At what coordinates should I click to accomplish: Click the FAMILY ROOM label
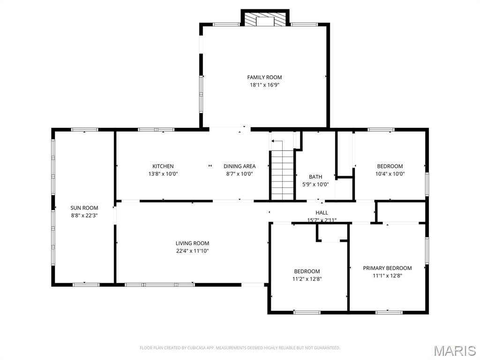(264, 77)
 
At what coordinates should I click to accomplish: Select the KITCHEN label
(163, 166)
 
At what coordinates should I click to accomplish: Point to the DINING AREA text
(240, 166)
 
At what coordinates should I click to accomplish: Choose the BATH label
(315, 177)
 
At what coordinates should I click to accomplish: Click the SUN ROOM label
(84, 208)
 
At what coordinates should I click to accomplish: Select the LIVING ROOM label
(192, 243)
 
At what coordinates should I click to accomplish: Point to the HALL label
(322, 213)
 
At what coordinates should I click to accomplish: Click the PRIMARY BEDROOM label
(387, 268)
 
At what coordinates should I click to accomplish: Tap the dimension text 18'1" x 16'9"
(265, 85)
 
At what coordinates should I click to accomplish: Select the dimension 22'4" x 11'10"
(192, 251)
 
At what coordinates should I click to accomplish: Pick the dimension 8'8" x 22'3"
(84, 216)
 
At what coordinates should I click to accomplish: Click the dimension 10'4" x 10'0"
(390, 174)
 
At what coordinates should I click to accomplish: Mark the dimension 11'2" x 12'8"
(307, 279)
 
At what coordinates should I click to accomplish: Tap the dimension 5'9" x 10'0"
(315, 184)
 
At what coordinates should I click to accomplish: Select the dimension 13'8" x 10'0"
(163, 174)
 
